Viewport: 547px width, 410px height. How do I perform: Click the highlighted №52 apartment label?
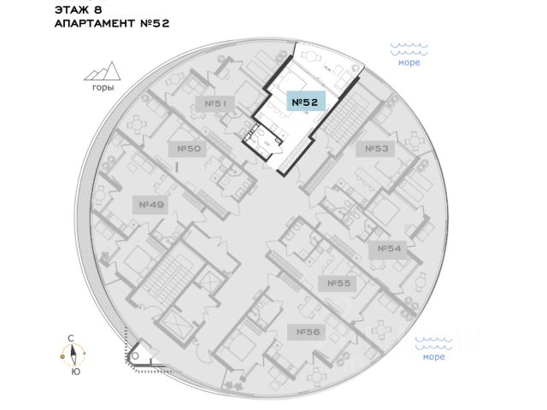click(x=305, y=102)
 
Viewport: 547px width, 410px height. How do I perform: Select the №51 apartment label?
click(x=215, y=103)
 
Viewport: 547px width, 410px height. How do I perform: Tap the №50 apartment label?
click(x=189, y=149)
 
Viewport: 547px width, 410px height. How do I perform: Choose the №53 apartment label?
click(x=377, y=149)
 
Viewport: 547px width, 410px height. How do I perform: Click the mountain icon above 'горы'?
click(x=103, y=73)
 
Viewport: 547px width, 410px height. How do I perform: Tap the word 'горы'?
click(x=103, y=88)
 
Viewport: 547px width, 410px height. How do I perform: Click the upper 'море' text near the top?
click(x=409, y=62)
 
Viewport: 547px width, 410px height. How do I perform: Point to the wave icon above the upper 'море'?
click(x=409, y=48)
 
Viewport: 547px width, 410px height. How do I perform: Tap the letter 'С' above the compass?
click(x=75, y=339)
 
